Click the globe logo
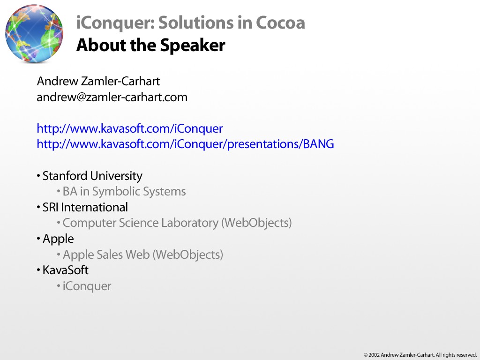pyautogui.click(x=34, y=33)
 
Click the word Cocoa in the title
pyautogui.click(x=280, y=22)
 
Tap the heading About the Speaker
pyautogui.click(x=150, y=45)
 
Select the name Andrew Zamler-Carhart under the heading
pyautogui.click(x=98, y=81)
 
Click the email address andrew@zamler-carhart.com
pyautogui.click(x=112, y=97)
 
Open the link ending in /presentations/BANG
pyautogui.click(x=185, y=144)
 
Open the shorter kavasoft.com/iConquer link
pyautogui.click(x=130, y=128)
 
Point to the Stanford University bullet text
pyautogui.click(x=92, y=176)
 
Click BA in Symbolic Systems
pyautogui.click(x=124, y=192)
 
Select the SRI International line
pyautogui.click(x=85, y=208)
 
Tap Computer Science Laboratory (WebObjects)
pyautogui.click(x=177, y=223)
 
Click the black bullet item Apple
pyautogui.click(x=58, y=239)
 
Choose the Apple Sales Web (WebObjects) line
pyautogui.click(x=143, y=255)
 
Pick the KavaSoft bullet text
pyautogui.click(x=65, y=270)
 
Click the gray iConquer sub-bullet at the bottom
pyautogui.click(x=87, y=286)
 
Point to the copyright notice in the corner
pyautogui.click(x=420, y=355)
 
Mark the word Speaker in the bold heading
pyautogui.click(x=193, y=45)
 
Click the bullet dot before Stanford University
pyautogui.click(x=38, y=176)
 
